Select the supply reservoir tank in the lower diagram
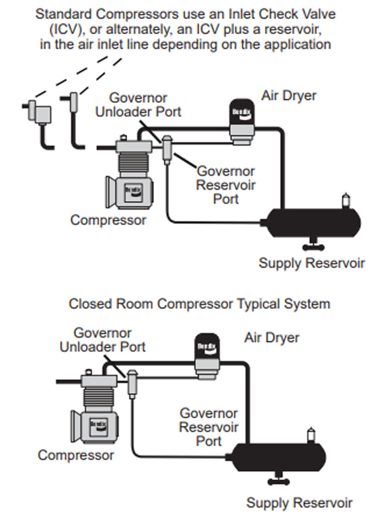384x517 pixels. tap(278, 456)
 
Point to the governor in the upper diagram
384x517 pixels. tap(167, 147)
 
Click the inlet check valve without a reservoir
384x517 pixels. tap(74, 101)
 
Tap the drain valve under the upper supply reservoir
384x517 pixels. tap(309, 246)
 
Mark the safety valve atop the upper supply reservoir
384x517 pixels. tap(346, 201)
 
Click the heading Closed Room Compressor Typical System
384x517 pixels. tap(199, 304)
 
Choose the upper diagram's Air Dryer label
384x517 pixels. tap(289, 96)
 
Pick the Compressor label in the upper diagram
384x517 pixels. tap(108, 220)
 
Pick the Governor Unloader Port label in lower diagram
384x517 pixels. tap(102, 340)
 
